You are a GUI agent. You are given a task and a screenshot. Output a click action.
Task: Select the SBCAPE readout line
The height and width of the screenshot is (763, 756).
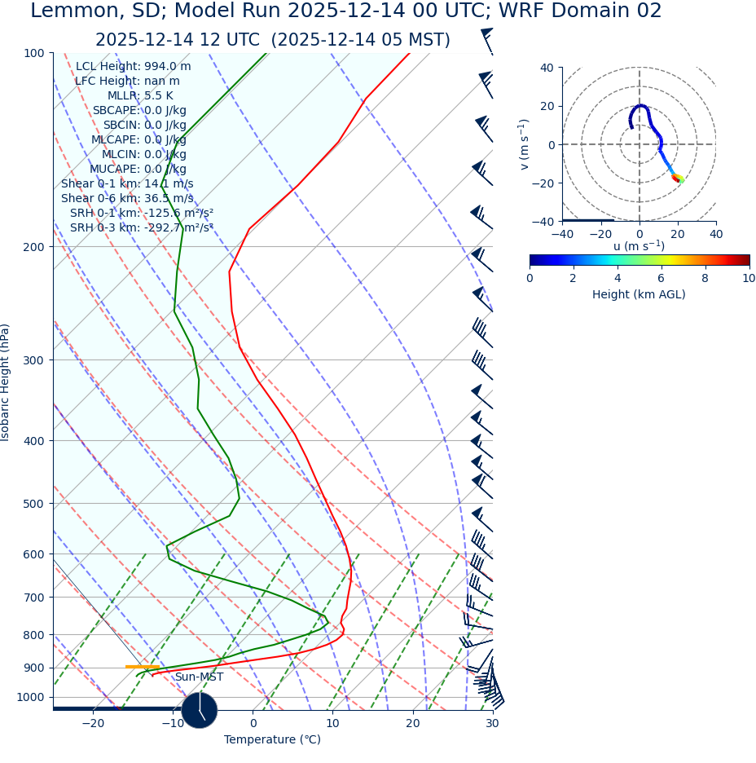pyautogui.click(x=139, y=111)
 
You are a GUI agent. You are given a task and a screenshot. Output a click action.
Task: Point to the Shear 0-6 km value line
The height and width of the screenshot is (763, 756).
pyautogui.click(x=127, y=199)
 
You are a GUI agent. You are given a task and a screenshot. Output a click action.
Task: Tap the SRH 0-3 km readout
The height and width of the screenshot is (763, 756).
pyautogui.click(x=142, y=228)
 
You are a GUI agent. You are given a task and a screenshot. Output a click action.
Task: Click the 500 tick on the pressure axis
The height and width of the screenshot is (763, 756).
pyautogui.click(x=33, y=504)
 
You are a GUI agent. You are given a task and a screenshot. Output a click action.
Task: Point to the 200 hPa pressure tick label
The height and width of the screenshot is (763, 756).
pyautogui.click(x=33, y=247)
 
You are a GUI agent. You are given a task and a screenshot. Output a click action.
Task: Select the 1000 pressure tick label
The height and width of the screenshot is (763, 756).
pyautogui.click(x=30, y=698)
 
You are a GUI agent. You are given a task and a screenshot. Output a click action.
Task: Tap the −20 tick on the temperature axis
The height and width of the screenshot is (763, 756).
pyautogui.click(x=93, y=724)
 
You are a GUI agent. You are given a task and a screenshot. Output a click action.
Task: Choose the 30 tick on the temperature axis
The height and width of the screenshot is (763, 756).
pyautogui.click(x=492, y=724)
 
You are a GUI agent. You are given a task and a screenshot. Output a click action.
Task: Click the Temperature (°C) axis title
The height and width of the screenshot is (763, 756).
pyautogui.click(x=272, y=740)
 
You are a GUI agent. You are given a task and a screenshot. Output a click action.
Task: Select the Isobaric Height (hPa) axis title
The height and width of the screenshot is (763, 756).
pyautogui.click(x=6, y=382)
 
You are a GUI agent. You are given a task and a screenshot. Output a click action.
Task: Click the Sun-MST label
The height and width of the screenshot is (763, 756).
pyautogui.click(x=199, y=677)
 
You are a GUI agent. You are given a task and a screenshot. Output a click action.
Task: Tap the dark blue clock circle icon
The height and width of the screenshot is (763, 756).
pyautogui.click(x=200, y=710)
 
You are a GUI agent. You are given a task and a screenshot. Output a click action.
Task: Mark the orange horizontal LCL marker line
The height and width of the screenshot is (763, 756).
pyautogui.click(x=142, y=667)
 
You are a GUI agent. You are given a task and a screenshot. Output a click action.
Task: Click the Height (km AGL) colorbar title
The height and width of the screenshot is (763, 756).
pyautogui.click(x=639, y=294)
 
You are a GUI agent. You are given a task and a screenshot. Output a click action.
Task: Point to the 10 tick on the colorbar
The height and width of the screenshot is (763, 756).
pyautogui.click(x=749, y=278)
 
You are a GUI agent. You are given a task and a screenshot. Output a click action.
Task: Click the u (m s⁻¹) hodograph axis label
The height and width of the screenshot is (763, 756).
pyautogui.click(x=639, y=246)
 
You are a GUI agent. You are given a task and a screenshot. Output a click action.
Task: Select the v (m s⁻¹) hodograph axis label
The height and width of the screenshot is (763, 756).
pyautogui.click(x=524, y=144)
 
